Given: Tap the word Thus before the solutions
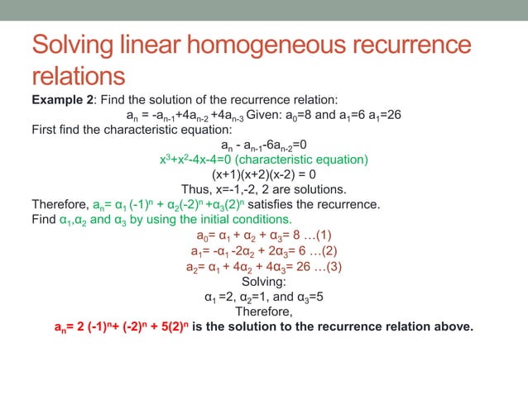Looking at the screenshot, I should click(195, 189).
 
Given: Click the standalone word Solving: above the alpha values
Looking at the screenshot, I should click(263, 281).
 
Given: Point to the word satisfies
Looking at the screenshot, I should click(266, 204).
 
